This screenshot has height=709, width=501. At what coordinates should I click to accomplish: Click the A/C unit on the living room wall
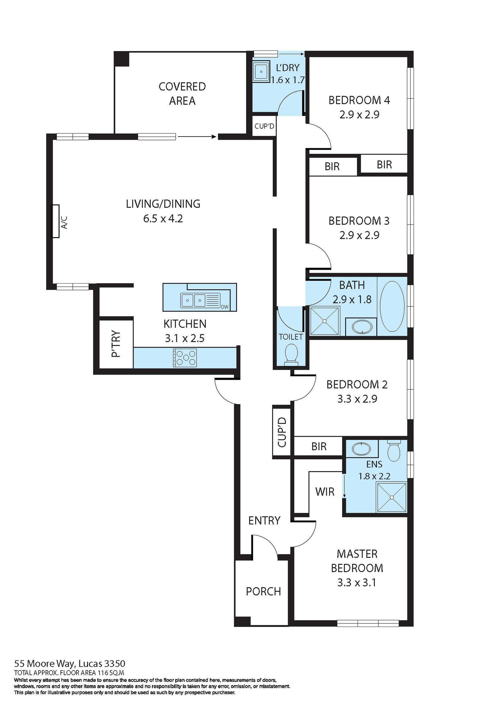click(55, 221)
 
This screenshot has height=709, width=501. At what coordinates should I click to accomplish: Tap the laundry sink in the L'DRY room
click(261, 71)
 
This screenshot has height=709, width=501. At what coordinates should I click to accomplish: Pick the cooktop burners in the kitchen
click(185, 357)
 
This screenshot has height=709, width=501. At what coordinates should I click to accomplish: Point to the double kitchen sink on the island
click(194, 300)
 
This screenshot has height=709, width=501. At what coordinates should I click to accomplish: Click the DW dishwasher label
click(225, 307)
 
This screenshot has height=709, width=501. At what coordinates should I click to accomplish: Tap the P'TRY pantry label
click(116, 344)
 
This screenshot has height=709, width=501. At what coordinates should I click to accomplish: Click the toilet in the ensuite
click(394, 450)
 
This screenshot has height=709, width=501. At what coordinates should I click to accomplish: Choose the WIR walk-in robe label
click(325, 492)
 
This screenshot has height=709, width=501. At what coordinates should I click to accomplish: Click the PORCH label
click(263, 592)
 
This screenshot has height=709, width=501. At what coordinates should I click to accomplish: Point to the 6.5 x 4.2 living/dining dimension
click(163, 218)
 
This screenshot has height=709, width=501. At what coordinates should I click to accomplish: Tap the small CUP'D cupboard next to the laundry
click(264, 126)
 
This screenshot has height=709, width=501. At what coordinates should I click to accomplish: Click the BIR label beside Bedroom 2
click(319, 446)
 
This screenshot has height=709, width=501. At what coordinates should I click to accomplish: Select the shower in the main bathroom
click(324, 321)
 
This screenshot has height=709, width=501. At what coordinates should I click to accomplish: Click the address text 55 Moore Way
click(70, 664)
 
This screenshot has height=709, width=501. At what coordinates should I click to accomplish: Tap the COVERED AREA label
click(182, 93)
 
